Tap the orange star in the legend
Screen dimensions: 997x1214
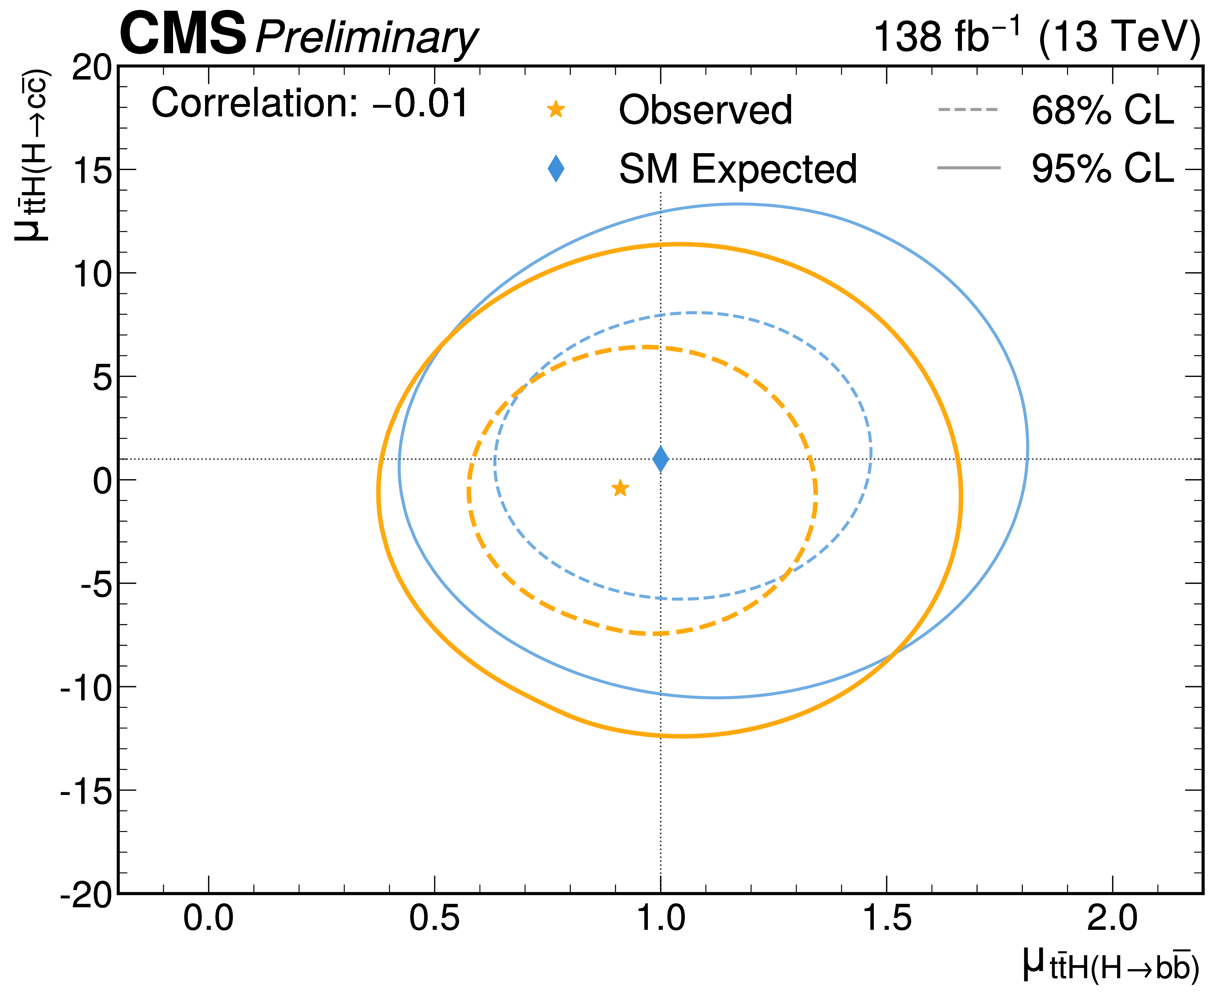555,109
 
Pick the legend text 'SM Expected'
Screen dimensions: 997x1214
737,170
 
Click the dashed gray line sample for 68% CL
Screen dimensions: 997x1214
968,109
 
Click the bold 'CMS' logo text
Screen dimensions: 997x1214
183,34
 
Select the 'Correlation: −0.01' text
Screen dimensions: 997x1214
310,104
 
